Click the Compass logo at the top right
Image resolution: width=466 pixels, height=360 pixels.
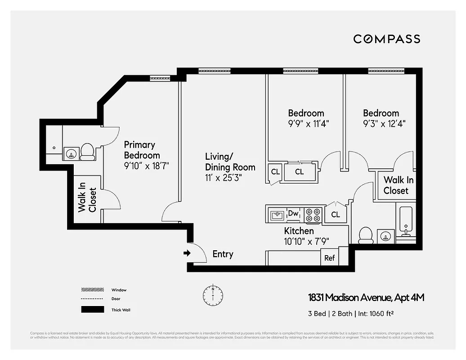click(x=386, y=39)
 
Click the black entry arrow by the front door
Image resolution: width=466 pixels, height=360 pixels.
click(x=187, y=253)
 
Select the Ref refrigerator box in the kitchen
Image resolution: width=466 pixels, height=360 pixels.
click(x=329, y=258)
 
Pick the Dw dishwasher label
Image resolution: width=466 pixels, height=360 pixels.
click(x=293, y=213)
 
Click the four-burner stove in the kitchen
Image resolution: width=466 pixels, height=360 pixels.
click(x=313, y=215)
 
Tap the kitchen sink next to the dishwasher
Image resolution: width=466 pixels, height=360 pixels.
click(x=276, y=215)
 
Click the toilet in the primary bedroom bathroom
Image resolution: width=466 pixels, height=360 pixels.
click(x=87, y=152)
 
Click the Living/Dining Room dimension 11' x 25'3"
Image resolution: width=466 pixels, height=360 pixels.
click(x=224, y=178)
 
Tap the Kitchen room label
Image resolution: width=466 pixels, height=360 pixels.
click(x=299, y=231)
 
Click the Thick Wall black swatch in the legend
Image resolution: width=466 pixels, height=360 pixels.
click(x=92, y=310)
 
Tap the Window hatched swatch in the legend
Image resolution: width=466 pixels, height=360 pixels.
click(x=92, y=290)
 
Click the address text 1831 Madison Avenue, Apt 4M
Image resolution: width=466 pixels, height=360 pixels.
click(x=366, y=297)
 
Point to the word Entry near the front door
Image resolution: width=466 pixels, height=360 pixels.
click(x=223, y=254)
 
